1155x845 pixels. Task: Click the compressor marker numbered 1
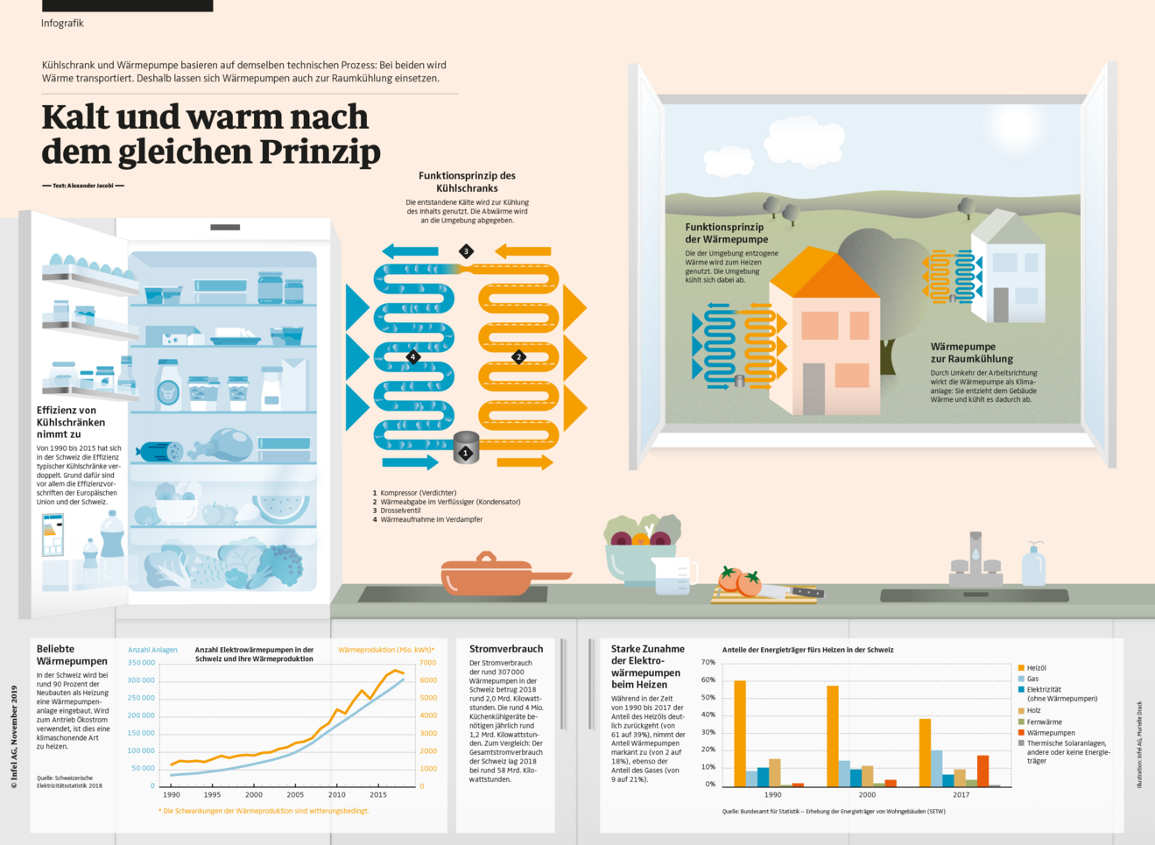466,453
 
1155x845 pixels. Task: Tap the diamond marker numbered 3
466,251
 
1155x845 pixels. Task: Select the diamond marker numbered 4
413,356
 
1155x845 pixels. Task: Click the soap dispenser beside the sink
1034,565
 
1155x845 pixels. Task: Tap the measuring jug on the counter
673,576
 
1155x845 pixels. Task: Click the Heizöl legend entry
1036,668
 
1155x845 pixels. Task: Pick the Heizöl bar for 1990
740,733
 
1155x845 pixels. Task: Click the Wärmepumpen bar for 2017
982,771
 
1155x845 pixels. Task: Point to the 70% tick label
708,662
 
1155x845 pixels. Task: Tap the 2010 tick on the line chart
337,794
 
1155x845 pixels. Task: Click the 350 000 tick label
141,663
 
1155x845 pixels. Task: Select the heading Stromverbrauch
506,649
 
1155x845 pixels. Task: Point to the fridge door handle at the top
225,228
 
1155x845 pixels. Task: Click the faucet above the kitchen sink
975,556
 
